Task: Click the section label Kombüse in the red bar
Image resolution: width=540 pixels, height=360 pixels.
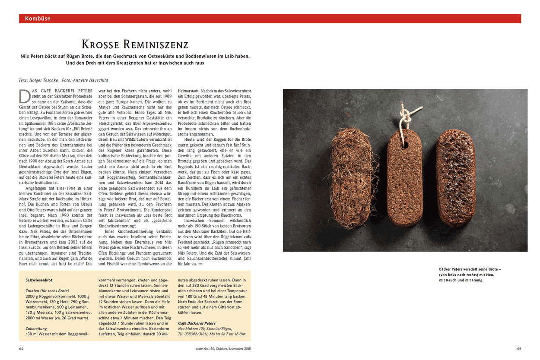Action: tap(38, 19)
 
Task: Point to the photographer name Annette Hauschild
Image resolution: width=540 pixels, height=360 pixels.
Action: tap(92, 80)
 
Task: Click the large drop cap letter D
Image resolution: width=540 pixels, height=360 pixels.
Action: tap(24, 95)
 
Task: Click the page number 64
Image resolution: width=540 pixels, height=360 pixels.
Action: tap(22, 349)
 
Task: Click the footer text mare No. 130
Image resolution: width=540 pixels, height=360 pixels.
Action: tap(209, 349)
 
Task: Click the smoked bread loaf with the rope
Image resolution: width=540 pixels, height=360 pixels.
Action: tap(405, 177)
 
